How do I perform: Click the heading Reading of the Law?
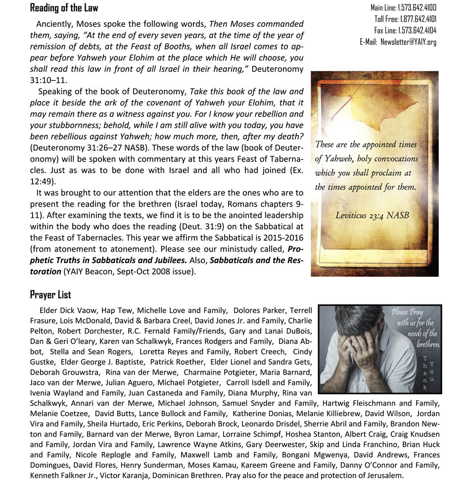click(x=64, y=8)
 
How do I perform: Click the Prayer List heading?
click(x=50, y=295)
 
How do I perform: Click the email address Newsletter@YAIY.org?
click(x=408, y=42)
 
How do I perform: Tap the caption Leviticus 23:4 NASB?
click(x=372, y=216)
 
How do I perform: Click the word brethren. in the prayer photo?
click(x=428, y=344)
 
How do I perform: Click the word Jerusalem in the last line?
click(x=385, y=476)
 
